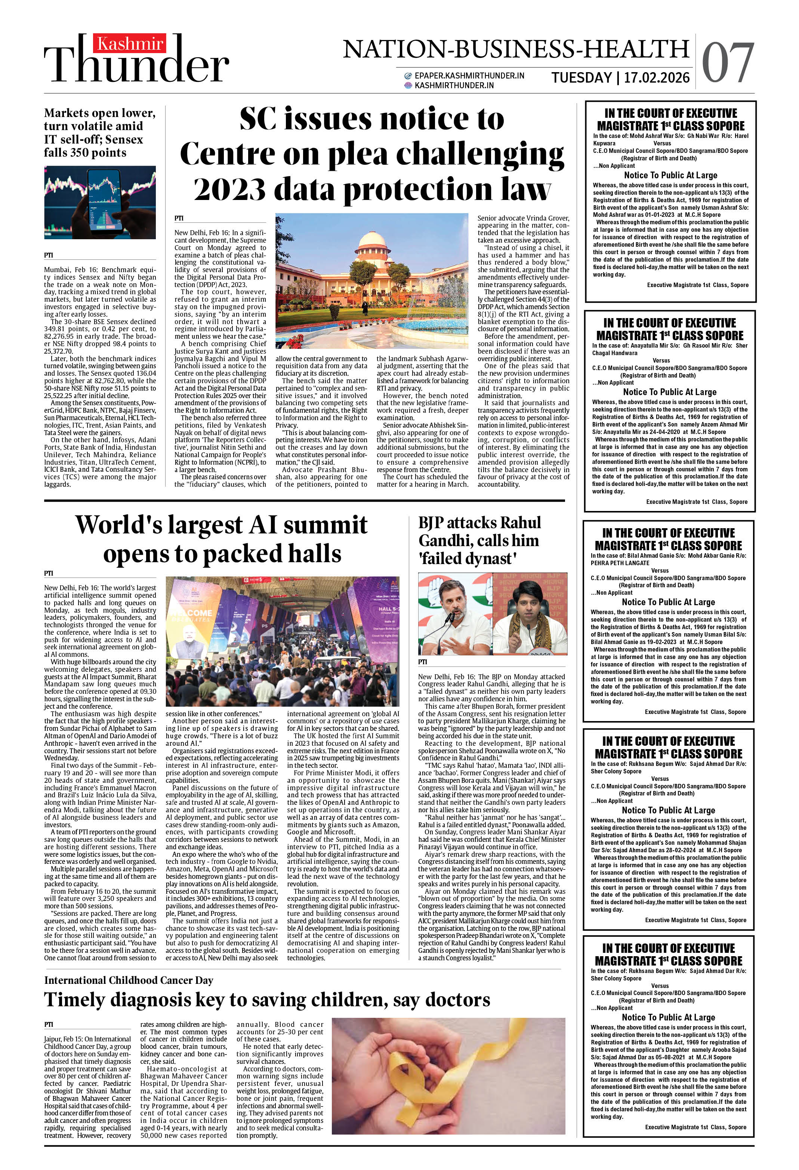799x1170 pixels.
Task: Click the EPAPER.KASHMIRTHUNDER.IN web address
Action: coord(469,76)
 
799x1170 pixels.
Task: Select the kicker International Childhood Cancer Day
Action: coord(129,980)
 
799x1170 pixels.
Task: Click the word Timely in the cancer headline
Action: coord(75,1000)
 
